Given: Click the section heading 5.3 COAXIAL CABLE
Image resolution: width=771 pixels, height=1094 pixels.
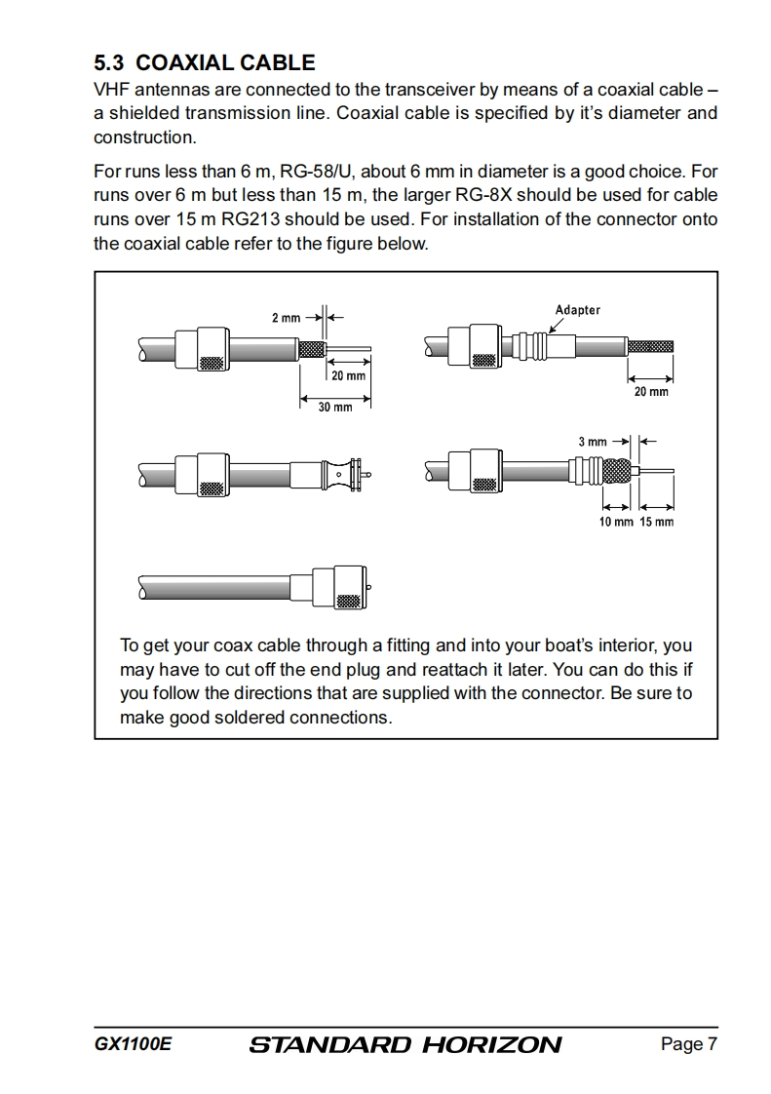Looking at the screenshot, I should (x=204, y=63).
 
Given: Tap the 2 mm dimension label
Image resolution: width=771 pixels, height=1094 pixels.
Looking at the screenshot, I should (x=286, y=318).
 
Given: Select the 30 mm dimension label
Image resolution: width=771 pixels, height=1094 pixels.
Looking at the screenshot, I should (x=335, y=407).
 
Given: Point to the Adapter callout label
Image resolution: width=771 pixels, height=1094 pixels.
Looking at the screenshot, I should (x=577, y=310).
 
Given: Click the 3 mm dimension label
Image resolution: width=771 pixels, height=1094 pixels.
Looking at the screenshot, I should (x=593, y=442).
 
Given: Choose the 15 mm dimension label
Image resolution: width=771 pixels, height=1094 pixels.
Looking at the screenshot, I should (x=656, y=522).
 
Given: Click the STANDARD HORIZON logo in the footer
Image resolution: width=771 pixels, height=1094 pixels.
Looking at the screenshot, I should (x=405, y=1045).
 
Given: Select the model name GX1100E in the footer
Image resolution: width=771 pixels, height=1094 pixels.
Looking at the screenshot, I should (x=133, y=1044).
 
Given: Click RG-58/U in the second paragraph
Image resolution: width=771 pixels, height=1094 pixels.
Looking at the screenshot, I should (x=316, y=173).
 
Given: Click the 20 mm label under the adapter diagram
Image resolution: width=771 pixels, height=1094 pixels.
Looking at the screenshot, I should (x=651, y=392).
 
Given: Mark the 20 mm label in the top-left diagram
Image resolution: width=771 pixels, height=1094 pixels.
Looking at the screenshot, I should (x=348, y=375).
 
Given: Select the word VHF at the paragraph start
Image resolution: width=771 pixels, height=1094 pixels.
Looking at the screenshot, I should (x=112, y=90).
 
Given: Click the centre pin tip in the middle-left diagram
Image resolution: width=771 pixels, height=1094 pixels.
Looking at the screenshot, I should (x=367, y=475).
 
